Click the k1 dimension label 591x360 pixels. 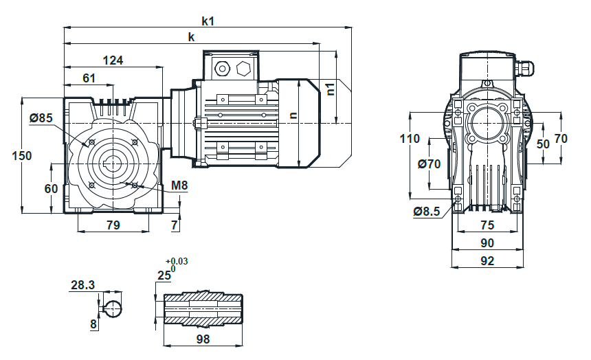[208, 21]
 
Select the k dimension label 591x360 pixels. [192, 37]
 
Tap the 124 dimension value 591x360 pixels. [113, 60]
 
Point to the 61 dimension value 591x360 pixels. [89, 78]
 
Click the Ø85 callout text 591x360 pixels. [41, 118]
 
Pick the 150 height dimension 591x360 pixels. [22, 156]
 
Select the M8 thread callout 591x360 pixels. [179, 185]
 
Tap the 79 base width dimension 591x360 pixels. [113, 225]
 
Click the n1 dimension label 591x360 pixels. [331, 89]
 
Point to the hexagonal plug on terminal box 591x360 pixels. [243, 68]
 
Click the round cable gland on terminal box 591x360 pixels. [221, 68]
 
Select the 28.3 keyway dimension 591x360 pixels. [83, 285]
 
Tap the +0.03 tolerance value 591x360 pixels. [177, 261]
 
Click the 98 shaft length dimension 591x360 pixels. [203, 339]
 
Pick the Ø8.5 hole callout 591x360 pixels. [427, 212]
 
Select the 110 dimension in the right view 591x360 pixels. [410, 139]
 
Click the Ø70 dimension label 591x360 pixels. [430, 164]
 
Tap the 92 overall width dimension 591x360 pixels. [487, 261]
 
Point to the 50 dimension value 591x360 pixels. [543, 144]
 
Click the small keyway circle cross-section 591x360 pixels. [112, 309]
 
